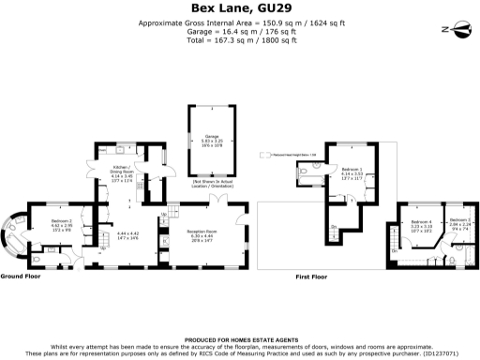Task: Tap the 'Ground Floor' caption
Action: coord(21,277)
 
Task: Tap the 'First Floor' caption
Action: coord(315,277)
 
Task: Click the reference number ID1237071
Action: coord(441,354)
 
